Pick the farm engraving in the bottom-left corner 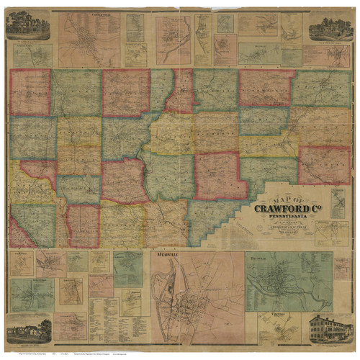28,330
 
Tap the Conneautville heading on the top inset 89,14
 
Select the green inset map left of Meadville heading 127,269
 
